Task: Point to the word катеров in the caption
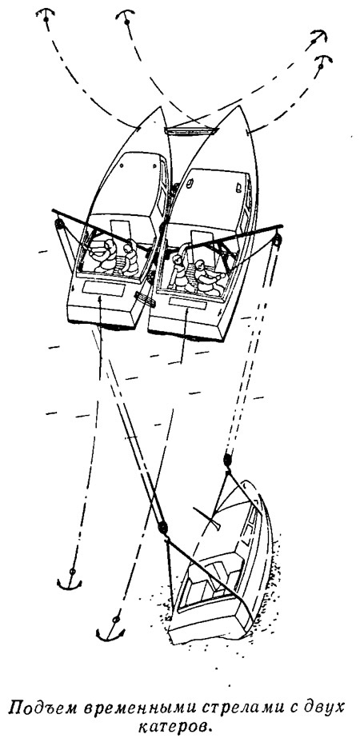[x=178, y=728]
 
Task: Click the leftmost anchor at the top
[x=46, y=16]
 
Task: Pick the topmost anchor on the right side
[x=318, y=38]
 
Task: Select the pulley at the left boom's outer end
[x=59, y=224]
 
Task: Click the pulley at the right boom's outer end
[x=276, y=241]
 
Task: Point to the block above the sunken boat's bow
[x=227, y=459]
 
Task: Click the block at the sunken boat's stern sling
[x=162, y=527]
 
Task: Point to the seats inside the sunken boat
[x=214, y=576]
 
